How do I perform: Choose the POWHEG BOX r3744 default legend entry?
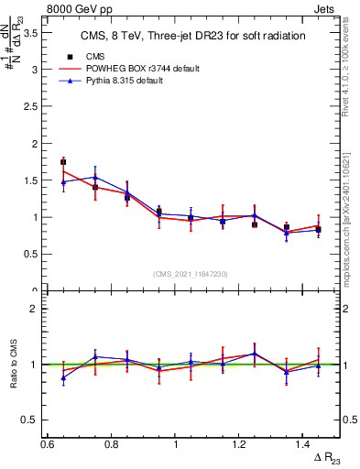click(140, 69)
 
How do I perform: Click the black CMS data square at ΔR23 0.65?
click(63, 162)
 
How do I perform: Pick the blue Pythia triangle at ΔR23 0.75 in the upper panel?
click(95, 177)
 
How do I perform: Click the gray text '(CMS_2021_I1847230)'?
click(191, 274)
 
